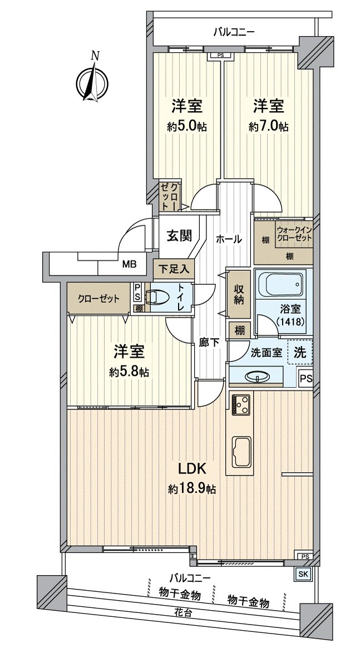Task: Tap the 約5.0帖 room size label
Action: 186,126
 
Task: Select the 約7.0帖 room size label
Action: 268,126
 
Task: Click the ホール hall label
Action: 228,239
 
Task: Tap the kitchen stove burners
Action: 240,405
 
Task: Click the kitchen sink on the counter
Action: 240,449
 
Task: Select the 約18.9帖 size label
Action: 192,489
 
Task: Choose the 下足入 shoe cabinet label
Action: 173,268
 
